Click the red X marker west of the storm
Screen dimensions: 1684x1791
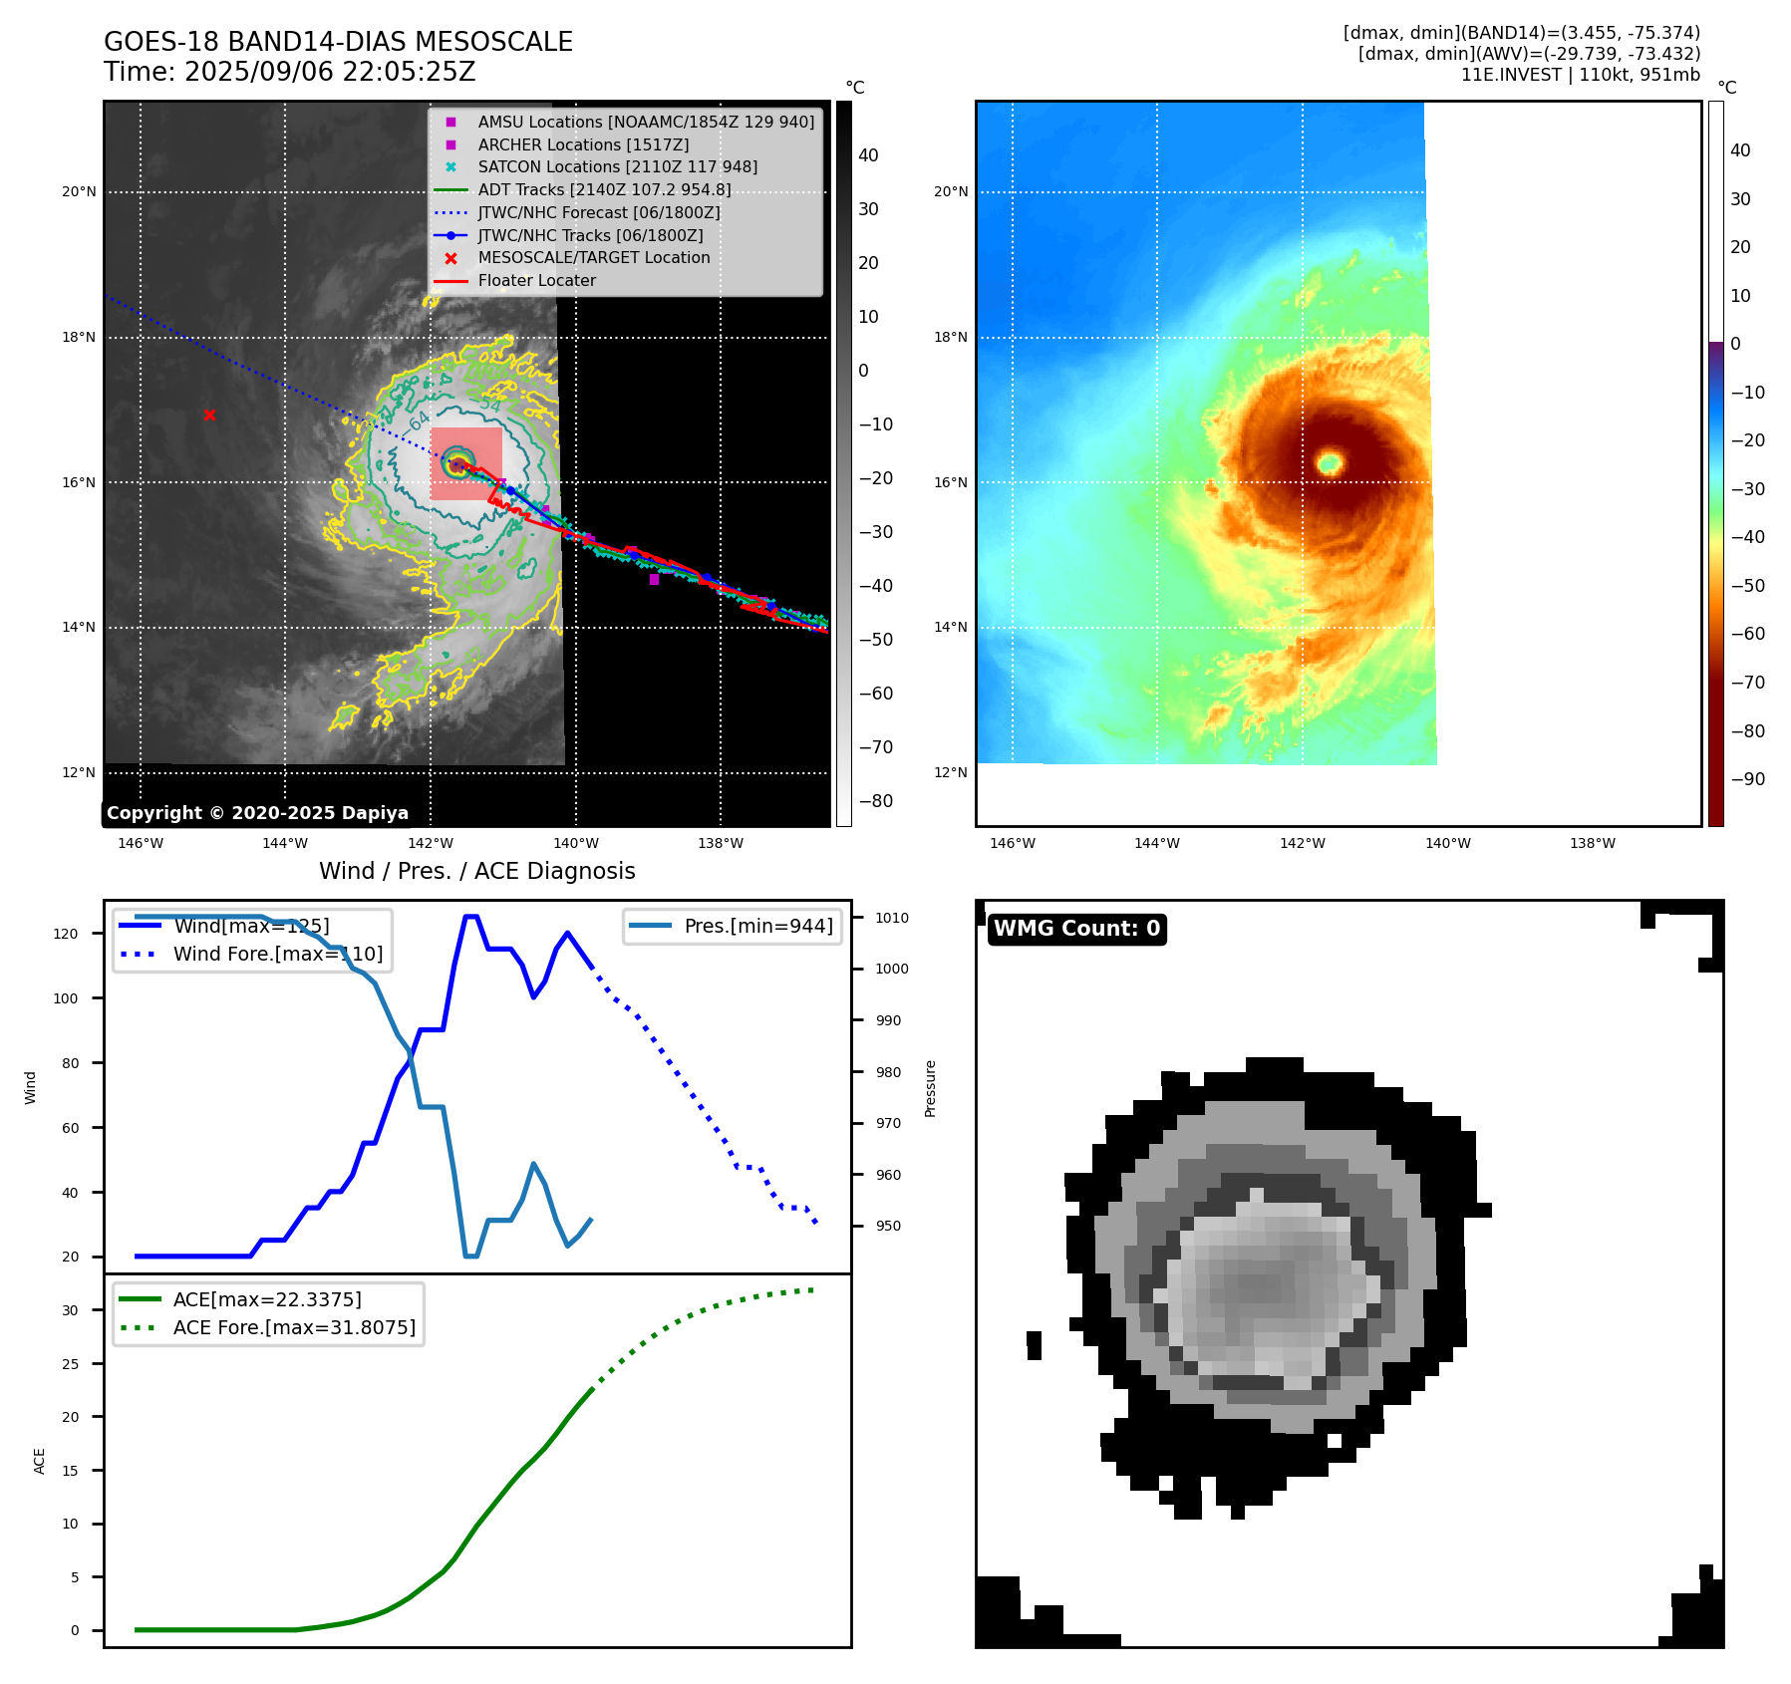click(x=209, y=415)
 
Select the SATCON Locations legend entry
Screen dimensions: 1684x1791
click(x=617, y=167)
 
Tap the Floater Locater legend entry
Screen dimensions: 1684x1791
click(x=536, y=281)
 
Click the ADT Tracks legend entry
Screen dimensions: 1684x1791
click(x=604, y=190)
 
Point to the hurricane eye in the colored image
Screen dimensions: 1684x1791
click(x=1330, y=462)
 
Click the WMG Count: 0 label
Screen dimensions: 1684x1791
click(x=1076, y=929)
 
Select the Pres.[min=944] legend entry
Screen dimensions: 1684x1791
click(x=757, y=926)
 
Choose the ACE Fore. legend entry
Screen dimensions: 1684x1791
click(x=293, y=1328)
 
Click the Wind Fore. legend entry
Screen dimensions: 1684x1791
click(x=277, y=955)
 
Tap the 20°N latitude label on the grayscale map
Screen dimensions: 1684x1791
click(x=79, y=192)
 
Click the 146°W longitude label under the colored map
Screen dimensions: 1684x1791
click(x=1013, y=844)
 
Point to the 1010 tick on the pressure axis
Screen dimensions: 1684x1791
click(x=892, y=918)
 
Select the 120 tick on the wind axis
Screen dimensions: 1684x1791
click(x=66, y=934)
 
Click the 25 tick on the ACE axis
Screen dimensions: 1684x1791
click(x=70, y=1364)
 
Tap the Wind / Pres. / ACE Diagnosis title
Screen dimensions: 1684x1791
click(x=476, y=872)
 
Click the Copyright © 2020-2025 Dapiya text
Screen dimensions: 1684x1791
click(x=257, y=813)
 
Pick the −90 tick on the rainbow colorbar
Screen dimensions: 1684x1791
click(x=1747, y=779)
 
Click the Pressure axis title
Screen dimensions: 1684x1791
click(x=930, y=1088)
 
